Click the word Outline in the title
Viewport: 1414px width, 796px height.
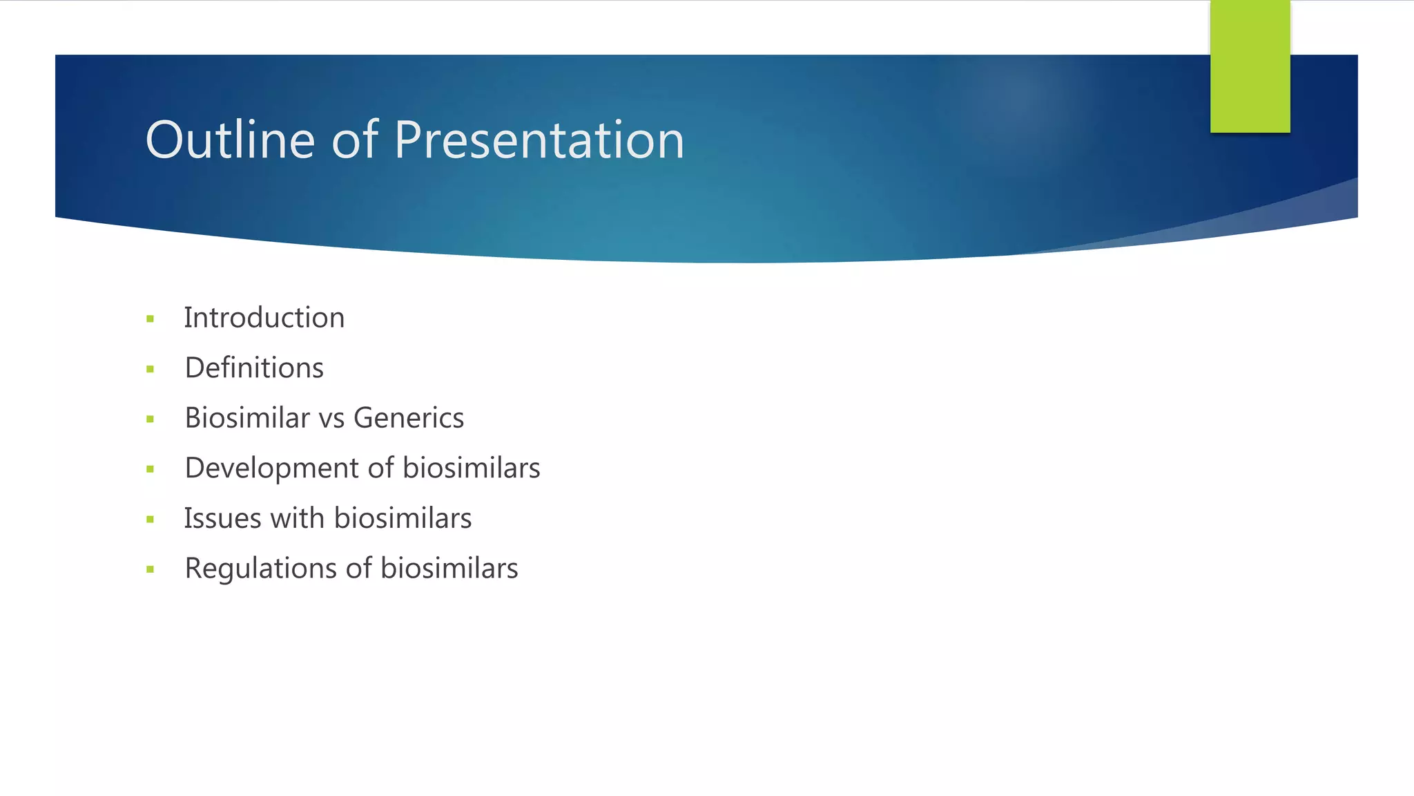[x=230, y=140]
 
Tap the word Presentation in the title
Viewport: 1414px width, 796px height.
[x=539, y=140]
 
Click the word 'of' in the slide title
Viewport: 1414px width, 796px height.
[x=355, y=140]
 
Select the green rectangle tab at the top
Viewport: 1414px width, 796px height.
[x=1250, y=66]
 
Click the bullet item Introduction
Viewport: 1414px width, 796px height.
[x=264, y=318]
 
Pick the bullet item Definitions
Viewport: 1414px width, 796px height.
[x=254, y=368]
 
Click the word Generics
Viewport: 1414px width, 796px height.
[x=409, y=418]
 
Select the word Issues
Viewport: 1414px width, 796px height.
[x=222, y=518]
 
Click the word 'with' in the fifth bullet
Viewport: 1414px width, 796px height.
[x=297, y=518]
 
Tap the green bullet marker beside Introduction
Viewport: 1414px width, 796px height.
[x=150, y=319]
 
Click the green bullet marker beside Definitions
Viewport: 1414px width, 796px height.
[x=150, y=370]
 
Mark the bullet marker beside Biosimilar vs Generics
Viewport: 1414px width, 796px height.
[x=150, y=419]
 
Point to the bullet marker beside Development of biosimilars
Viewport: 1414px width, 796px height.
[x=150, y=470]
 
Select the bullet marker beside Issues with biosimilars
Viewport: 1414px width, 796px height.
[x=150, y=520]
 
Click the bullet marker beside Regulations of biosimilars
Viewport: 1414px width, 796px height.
[x=150, y=570]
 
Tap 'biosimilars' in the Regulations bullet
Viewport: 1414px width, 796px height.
[x=449, y=569]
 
